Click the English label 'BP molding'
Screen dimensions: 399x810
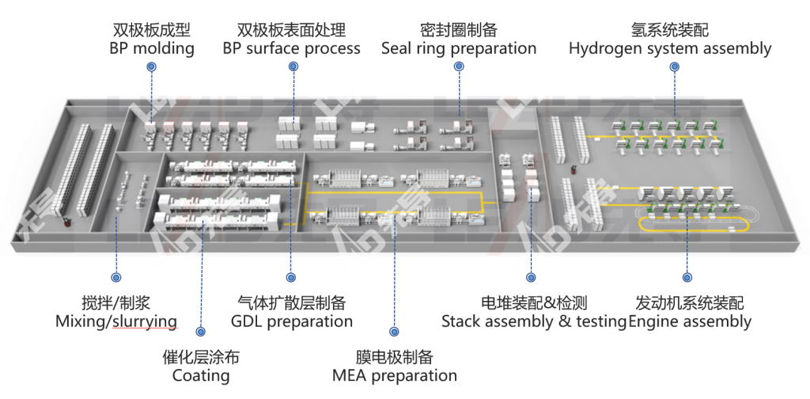click(x=152, y=48)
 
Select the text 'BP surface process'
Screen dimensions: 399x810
click(x=291, y=48)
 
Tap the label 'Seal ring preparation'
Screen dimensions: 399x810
click(x=459, y=48)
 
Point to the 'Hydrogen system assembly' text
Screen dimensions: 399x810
click(x=670, y=48)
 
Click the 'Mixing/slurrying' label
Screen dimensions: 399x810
click(x=115, y=321)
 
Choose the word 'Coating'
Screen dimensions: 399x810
click(x=201, y=375)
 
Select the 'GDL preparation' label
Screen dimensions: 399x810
click(x=291, y=321)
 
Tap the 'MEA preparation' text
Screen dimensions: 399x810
click(x=394, y=375)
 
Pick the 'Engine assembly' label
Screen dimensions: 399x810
click(x=689, y=321)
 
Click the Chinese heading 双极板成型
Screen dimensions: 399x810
click(x=152, y=30)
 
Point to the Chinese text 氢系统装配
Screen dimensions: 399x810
click(x=670, y=30)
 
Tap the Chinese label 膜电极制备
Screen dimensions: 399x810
click(x=394, y=357)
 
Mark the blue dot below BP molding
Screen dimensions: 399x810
click(x=150, y=67)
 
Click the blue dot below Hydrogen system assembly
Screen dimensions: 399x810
click(x=675, y=67)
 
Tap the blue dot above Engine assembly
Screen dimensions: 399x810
click(x=687, y=278)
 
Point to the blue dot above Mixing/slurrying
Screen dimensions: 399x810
click(x=116, y=278)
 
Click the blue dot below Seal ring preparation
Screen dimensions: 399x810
click(x=459, y=67)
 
